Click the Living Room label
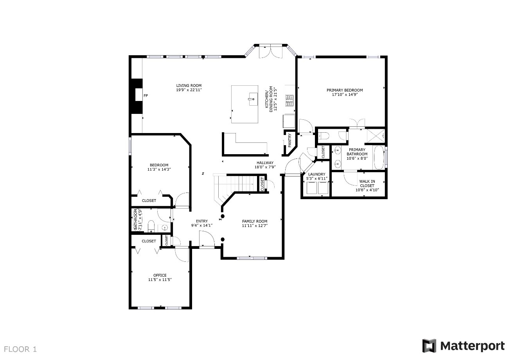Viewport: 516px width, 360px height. tap(189, 86)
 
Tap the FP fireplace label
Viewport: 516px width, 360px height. tap(146, 95)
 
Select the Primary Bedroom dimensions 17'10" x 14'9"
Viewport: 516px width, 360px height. tap(345, 94)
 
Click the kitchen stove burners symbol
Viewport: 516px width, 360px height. tap(289, 101)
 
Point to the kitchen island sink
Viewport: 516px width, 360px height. tap(253, 99)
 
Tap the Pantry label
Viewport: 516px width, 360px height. tap(290, 140)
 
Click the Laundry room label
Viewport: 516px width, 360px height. tap(317, 174)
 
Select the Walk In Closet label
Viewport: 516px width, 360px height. tap(367, 184)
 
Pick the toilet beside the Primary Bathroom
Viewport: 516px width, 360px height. tap(324, 136)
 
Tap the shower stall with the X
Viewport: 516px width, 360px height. tap(376, 136)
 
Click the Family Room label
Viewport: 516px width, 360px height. tap(255, 221)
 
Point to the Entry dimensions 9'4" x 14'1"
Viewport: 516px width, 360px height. tap(202, 226)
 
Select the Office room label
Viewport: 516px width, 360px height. tap(160, 275)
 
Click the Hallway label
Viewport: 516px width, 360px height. tap(265, 163)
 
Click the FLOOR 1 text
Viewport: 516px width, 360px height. tap(20, 349)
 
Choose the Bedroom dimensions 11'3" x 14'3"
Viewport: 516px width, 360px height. tap(159, 169)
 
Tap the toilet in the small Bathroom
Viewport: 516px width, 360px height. tap(151, 226)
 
